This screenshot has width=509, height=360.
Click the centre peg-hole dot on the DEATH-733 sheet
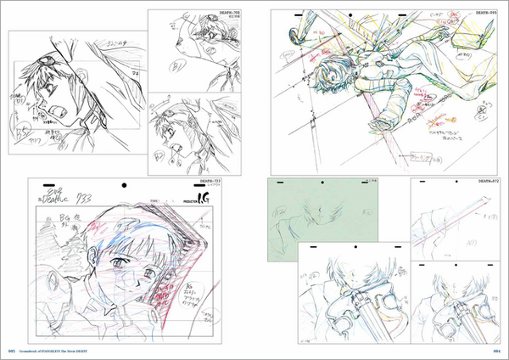pyautogui.click(x=126, y=184)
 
